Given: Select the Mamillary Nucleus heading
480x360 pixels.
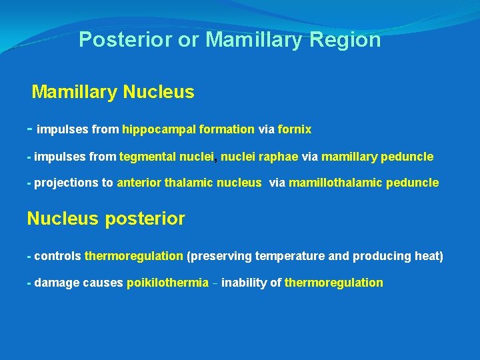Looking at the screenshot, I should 113,92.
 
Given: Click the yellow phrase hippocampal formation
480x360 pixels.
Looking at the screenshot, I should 188,129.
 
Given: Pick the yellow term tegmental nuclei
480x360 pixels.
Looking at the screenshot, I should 167,157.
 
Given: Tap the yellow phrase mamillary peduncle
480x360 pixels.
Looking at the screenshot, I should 377,157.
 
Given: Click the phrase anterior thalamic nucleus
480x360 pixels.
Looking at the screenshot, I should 189,183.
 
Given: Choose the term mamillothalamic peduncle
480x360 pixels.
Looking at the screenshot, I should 364,183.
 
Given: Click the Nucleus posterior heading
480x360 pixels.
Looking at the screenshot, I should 105,219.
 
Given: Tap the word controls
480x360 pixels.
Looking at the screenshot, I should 58,256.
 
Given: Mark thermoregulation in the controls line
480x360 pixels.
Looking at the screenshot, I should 134,256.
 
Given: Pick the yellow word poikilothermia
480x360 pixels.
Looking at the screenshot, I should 167,283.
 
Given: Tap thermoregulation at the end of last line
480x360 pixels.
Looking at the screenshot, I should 333,283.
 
